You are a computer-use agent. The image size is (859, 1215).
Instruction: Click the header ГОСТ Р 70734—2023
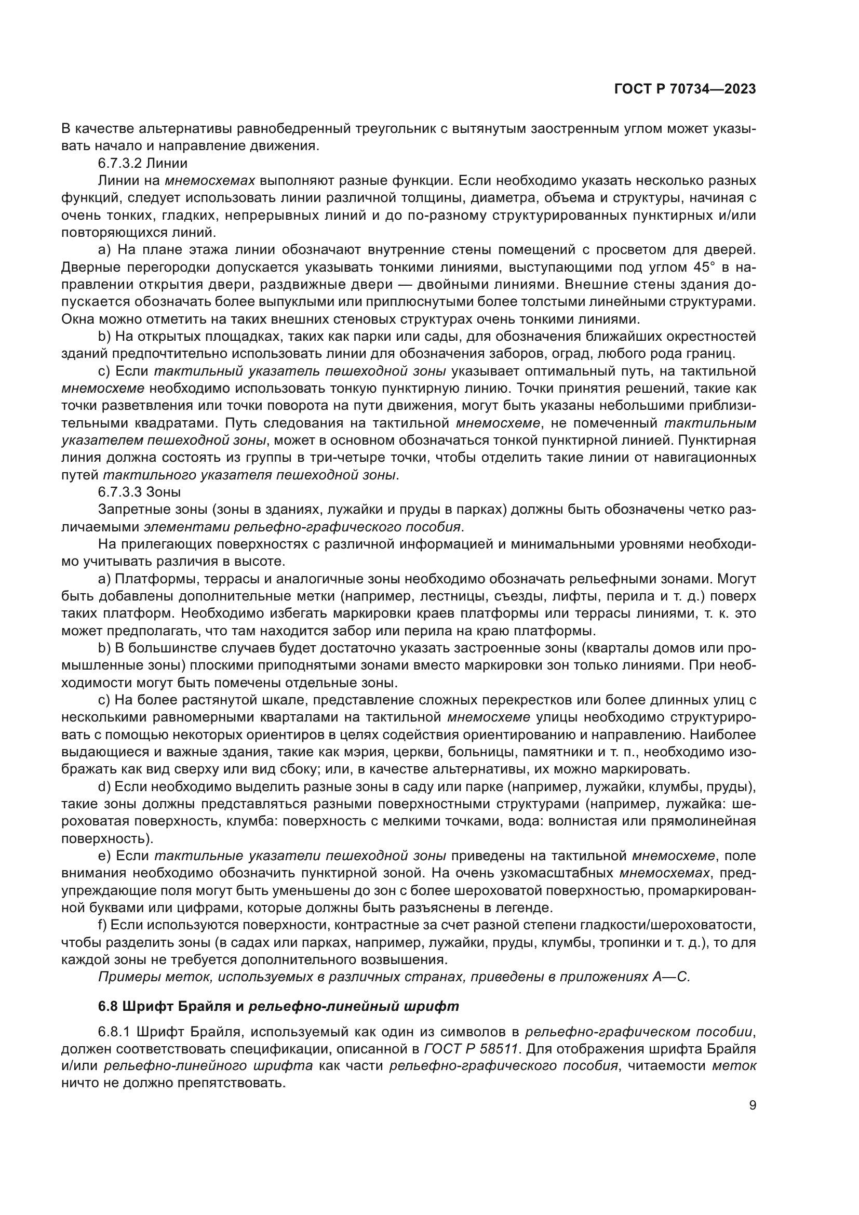(684, 89)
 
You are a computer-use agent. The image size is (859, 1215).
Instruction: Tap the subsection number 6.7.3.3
(120, 492)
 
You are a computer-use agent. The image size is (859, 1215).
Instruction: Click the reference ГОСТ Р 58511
(471, 1049)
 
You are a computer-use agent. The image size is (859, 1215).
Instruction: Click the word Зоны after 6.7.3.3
(163, 492)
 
